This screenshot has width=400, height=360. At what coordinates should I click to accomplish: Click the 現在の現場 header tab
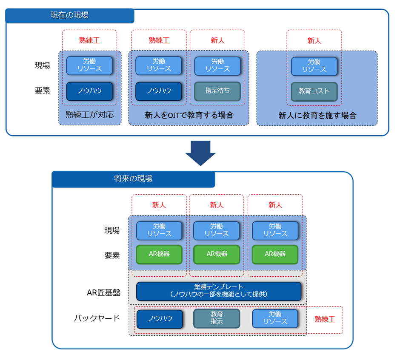70,16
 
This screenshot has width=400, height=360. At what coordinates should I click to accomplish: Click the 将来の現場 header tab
133,179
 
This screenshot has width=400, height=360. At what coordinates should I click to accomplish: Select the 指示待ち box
217,91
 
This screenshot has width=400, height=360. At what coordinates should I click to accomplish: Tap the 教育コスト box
314,91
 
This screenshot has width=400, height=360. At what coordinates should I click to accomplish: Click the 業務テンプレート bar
218,291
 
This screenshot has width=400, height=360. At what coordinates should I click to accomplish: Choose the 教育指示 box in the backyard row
217,318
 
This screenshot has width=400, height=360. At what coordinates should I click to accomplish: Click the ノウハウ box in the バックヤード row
160,319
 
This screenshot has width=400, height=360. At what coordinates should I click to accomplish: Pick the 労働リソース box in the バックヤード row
275,318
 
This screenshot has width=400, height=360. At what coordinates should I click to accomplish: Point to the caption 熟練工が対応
90,115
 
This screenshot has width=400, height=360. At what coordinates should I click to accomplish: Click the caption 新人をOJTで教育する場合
189,115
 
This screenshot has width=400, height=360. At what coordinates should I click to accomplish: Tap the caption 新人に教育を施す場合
317,116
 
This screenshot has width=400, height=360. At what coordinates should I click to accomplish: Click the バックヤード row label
97,318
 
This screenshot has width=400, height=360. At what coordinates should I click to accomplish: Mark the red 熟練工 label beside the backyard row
325,319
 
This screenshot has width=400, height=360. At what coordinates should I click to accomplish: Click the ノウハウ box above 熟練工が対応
90,91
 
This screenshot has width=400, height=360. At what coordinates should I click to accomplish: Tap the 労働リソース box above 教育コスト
314,65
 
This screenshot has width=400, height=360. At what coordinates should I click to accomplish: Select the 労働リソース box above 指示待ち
217,65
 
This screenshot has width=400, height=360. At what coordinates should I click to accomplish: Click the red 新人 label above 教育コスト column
314,41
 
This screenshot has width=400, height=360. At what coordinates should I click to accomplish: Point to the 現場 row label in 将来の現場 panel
112,230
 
